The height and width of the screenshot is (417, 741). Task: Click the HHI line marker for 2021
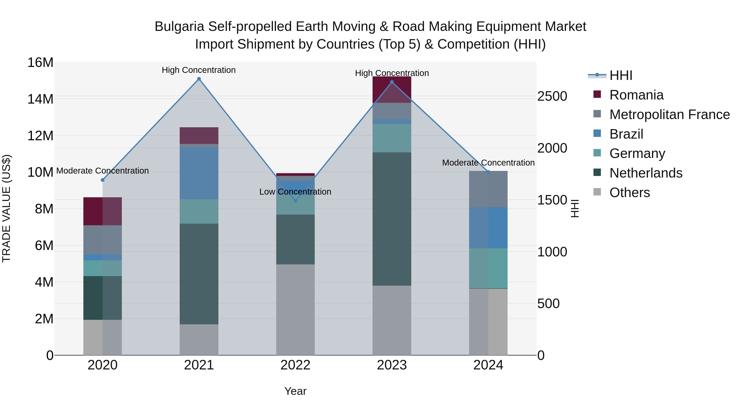pos(199,79)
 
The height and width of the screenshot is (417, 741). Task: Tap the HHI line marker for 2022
pos(295,201)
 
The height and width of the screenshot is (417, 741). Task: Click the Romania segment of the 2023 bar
pos(392,90)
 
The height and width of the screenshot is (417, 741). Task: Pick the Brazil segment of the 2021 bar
pos(199,174)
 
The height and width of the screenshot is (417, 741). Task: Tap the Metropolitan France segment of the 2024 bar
pos(488,189)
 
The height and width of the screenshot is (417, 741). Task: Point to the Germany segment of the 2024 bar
pos(488,268)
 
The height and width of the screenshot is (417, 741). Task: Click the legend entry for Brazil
pos(626,134)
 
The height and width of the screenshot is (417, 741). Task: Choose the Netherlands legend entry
pos(645,173)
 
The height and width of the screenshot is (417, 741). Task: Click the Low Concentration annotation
pos(295,192)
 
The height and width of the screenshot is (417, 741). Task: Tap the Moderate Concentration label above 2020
pos(103,171)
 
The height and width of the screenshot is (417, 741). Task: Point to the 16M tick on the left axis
pos(40,62)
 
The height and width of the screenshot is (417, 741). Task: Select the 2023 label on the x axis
pos(392,365)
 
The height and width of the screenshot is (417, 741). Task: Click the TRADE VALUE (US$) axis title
pos(6,208)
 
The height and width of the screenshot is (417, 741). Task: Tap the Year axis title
pos(295,391)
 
